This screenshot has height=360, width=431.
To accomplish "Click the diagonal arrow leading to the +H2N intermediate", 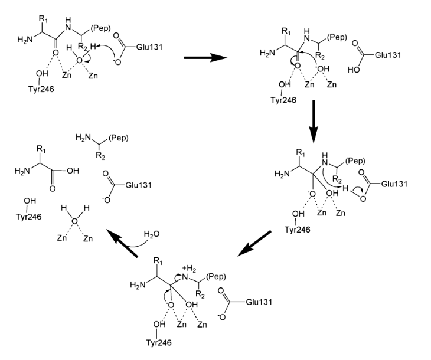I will pyautogui.click(x=254, y=243).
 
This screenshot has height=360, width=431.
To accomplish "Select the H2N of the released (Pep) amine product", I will pyautogui.click(x=84, y=138).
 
